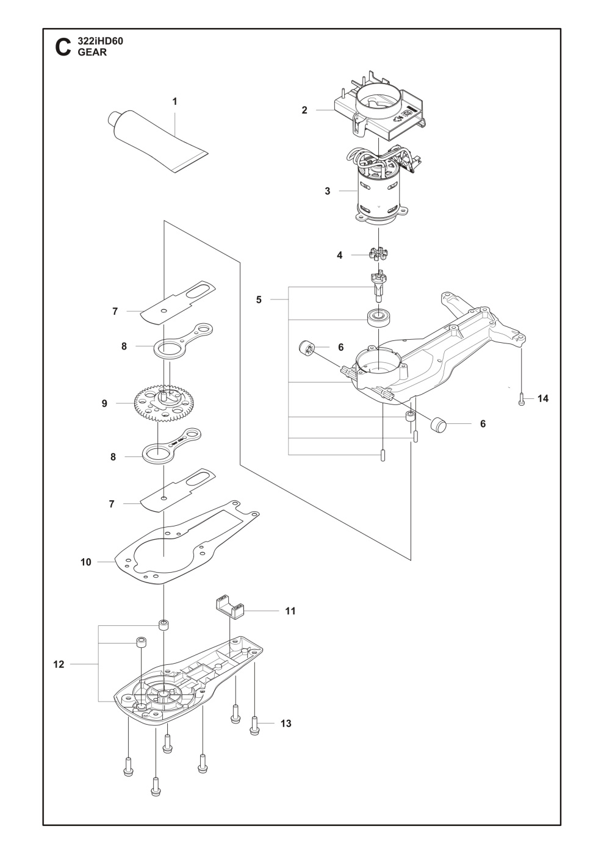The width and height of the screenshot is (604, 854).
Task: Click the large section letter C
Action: (62, 48)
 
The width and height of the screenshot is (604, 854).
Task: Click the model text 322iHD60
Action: (101, 41)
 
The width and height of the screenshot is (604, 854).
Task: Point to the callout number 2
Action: (304, 110)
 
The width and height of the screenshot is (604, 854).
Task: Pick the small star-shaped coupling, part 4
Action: (379, 254)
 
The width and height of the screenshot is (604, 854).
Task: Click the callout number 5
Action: (259, 300)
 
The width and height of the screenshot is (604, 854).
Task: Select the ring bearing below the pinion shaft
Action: (379, 318)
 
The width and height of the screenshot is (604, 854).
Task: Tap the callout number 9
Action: (104, 403)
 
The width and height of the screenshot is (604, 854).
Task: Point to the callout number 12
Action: (59, 664)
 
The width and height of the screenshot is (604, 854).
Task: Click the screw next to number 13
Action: (255, 724)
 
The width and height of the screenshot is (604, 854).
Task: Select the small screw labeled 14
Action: (522, 400)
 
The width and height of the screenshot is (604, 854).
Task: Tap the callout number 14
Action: (543, 398)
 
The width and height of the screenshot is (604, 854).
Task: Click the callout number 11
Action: (290, 610)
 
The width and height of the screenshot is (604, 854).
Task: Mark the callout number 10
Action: (85, 562)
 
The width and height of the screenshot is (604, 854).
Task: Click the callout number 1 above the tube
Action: (174, 102)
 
